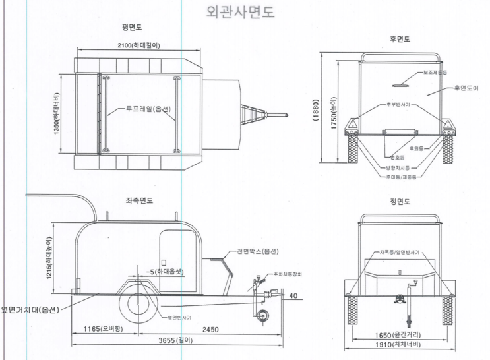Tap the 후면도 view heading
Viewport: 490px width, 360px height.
(x=400, y=40)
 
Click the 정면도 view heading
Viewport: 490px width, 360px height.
(x=400, y=201)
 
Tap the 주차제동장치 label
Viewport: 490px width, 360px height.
(x=284, y=274)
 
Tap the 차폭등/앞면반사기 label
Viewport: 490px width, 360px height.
(x=400, y=252)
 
